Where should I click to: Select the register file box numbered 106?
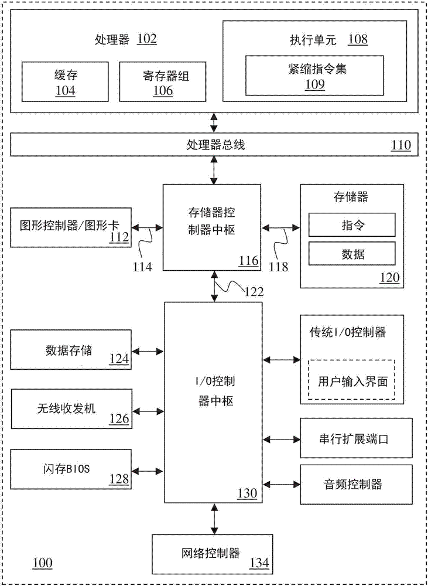pyautogui.click(x=158, y=81)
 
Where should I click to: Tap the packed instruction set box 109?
pyautogui.click(x=314, y=75)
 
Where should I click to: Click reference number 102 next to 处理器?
pyautogui.click(x=146, y=39)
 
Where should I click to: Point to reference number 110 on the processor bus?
pyautogui.click(x=401, y=145)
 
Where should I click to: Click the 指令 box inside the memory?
pyautogui.click(x=352, y=224)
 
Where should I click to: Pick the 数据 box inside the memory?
pyautogui.click(x=352, y=254)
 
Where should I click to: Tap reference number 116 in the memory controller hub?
pyautogui.click(x=248, y=261)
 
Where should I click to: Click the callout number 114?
pyautogui.click(x=142, y=267)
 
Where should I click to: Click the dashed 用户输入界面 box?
pyautogui.click(x=352, y=379)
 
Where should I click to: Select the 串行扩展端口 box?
pyautogui.click(x=352, y=439)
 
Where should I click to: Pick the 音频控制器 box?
pyautogui.click(x=352, y=484)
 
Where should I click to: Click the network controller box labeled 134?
pyautogui.click(x=212, y=553)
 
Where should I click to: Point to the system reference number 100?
pyautogui.click(x=42, y=563)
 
